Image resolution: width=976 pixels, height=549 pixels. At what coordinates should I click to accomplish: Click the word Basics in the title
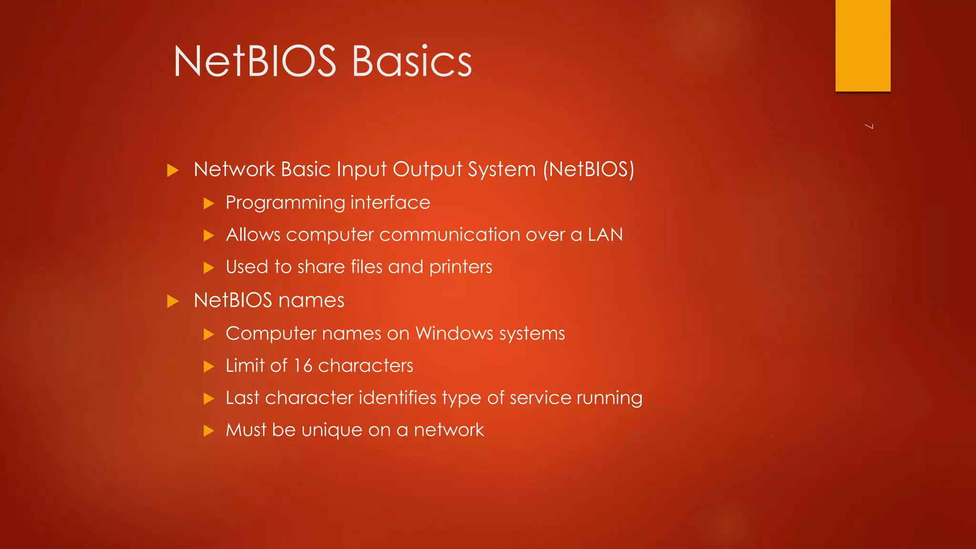coord(412,62)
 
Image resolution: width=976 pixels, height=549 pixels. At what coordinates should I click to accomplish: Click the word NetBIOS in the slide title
coord(255,62)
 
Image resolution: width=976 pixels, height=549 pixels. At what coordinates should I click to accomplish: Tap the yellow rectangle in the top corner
coord(863,45)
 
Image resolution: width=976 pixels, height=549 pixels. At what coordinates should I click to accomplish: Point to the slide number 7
coord(869,126)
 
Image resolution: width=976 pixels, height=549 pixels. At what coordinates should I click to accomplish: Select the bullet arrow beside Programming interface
coord(209,204)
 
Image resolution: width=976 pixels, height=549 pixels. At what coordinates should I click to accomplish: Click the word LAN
coord(605,235)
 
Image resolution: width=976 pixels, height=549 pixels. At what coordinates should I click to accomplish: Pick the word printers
coord(460,267)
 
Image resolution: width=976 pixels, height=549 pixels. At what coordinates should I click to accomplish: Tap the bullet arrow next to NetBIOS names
coord(173,301)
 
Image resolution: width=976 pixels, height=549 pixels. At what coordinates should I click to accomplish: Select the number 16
coord(303,366)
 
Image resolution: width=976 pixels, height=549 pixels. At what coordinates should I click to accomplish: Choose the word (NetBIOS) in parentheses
coord(589,170)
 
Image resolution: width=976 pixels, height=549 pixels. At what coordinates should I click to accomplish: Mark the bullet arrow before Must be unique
coord(209,431)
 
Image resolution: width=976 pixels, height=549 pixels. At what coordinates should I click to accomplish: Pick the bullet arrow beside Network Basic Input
coord(173,170)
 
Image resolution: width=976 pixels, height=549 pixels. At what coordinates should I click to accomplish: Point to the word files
coord(366,267)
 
